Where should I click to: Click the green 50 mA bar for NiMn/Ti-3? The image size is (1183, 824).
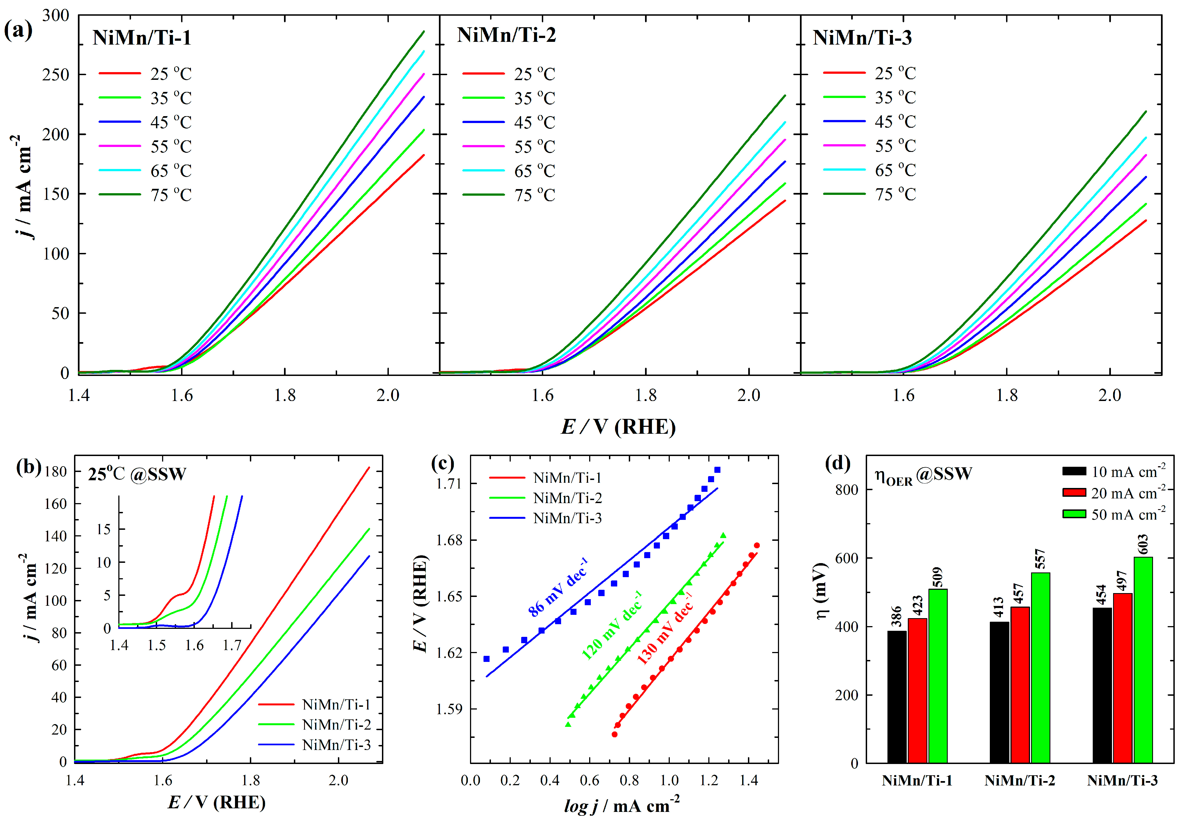(x=1143, y=660)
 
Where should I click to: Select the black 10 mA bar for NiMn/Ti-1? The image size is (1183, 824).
(x=897, y=697)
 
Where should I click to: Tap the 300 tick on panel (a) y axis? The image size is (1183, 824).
(x=56, y=15)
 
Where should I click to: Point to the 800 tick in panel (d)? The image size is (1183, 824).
(x=846, y=490)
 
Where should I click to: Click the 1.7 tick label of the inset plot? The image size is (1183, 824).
(x=232, y=645)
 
